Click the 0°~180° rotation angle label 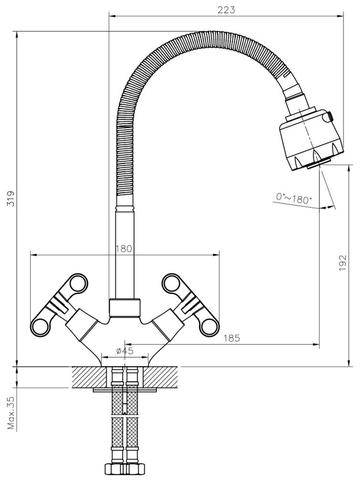(x=294, y=197)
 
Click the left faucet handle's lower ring (x=41, y=326)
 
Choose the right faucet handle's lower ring (x=209, y=326)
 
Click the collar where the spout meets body (x=125, y=307)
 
